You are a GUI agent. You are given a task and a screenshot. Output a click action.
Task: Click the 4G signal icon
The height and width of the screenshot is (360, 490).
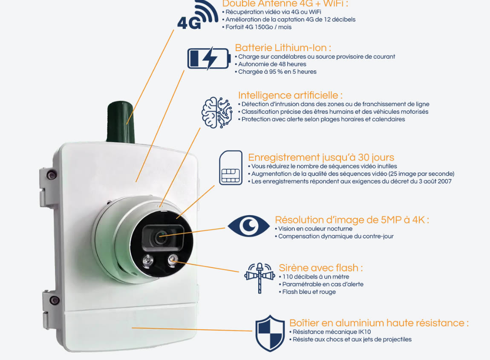pos(198,16)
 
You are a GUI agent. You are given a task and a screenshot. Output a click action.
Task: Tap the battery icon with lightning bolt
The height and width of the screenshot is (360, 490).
pos(209,58)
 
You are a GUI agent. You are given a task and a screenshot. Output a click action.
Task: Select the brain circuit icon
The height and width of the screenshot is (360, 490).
pos(216,112)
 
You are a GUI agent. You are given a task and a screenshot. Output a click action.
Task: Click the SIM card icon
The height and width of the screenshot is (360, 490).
pos(231,168)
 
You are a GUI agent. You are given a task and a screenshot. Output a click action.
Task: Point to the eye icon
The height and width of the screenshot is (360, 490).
pos(248,226)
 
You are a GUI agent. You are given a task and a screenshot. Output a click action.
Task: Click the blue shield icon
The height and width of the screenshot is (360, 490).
pos(270,334)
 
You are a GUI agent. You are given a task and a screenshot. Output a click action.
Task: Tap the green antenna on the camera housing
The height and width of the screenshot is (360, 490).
pos(121,122)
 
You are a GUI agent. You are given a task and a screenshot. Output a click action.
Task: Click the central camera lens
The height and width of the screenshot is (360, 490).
pos(161,237)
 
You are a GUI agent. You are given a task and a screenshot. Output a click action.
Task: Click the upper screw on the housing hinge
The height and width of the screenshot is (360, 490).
pos(51,174)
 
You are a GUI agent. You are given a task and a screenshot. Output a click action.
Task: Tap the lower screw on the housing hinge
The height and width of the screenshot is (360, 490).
pos(54,300)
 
